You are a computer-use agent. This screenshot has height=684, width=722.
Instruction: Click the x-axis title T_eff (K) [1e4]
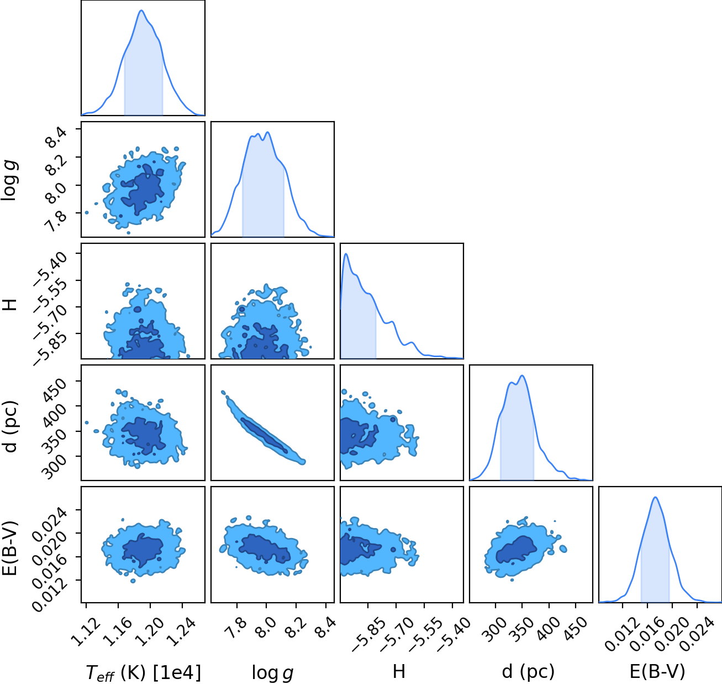[x=143, y=672]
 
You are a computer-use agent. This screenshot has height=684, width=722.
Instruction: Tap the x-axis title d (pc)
[x=528, y=671]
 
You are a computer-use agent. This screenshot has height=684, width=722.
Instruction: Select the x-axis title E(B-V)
[x=657, y=671]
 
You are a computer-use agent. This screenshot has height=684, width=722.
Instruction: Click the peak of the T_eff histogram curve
[x=141, y=11]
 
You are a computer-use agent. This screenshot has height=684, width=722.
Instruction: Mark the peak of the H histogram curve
[x=346, y=254]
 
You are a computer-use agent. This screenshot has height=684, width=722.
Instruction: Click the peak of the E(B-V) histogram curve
[x=656, y=498]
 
